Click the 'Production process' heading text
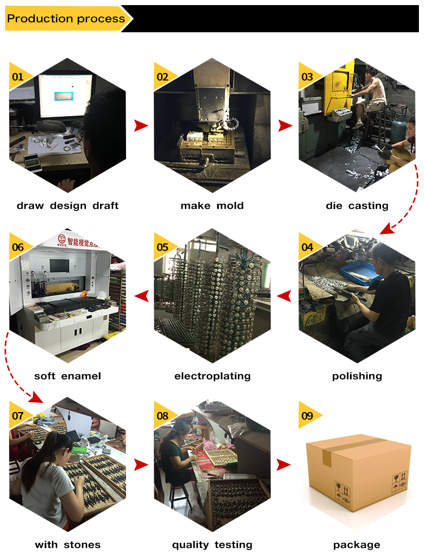[66, 19]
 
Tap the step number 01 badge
[18, 77]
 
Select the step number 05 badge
[163, 247]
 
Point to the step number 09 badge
[308, 415]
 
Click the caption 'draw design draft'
[67, 205]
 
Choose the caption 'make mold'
[212, 205]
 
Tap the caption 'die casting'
[357, 205]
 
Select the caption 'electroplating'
[212, 376]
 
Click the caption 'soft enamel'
[67, 376]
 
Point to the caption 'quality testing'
[212, 545]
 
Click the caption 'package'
[357, 545]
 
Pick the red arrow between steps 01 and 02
[141, 126]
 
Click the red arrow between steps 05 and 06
[141, 296]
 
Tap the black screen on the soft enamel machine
[59, 265]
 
